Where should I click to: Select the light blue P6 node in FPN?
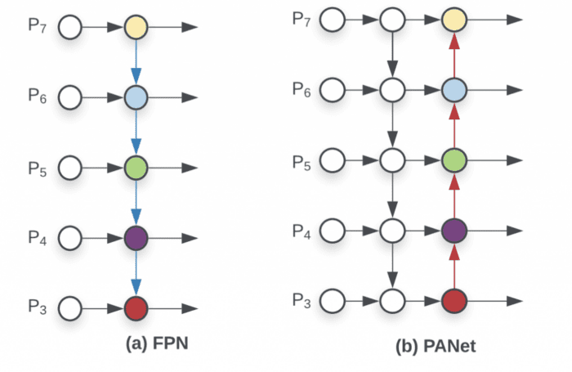pos(136,98)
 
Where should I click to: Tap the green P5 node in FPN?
pos(136,168)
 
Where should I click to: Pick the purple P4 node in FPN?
pos(136,239)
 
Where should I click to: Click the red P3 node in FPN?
pos(136,309)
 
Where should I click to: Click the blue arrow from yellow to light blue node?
pos(136,63)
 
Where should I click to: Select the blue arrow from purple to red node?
pos(136,274)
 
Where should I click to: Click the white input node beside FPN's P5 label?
pos(72,168)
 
